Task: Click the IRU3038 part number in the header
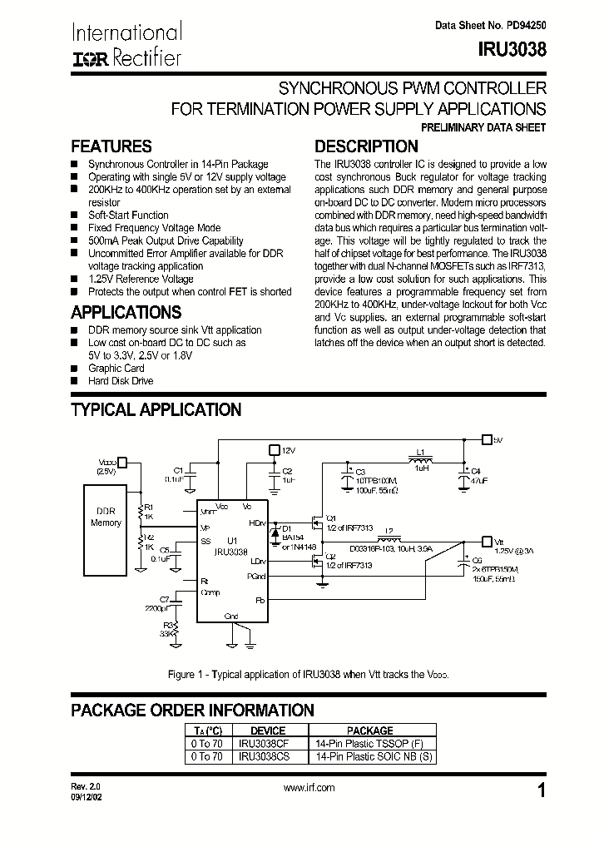[x=513, y=49]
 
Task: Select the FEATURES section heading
[x=111, y=146]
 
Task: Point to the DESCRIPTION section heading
[x=366, y=146]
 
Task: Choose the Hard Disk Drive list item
[x=121, y=381]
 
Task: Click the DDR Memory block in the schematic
[x=106, y=517]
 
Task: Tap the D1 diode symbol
[x=276, y=529]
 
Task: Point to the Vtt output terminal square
[x=488, y=540]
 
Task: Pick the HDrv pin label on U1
[x=257, y=523]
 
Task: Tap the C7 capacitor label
[x=164, y=599]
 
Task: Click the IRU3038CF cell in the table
[x=262, y=744]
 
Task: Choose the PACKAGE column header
[x=370, y=731]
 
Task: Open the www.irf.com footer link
[x=309, y=787]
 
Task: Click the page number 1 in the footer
[x=542, y=791]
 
